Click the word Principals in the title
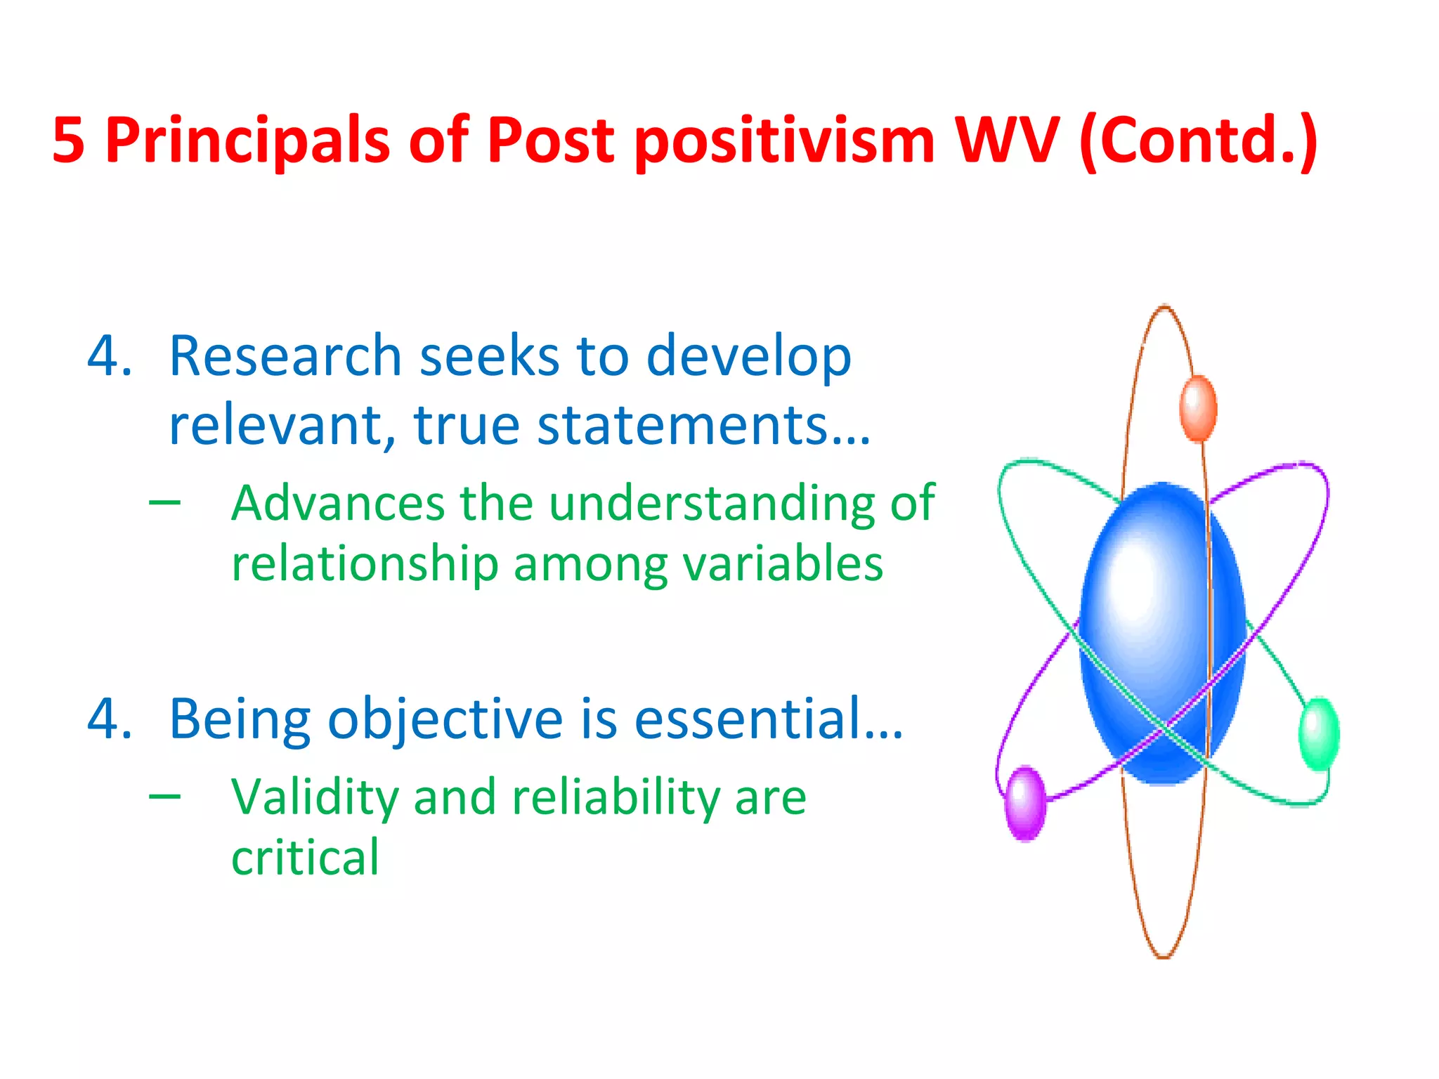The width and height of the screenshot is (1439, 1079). pyautogui.click(x=247, y=140)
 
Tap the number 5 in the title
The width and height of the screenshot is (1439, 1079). pyautogui.click(x=68, y=140)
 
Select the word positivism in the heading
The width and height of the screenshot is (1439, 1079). pyautogui.click(x=786, y=140)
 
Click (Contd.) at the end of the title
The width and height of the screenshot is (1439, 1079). pyautogui.click(x=1199, y=140)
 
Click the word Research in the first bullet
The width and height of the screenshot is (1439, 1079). pyautogui.click(x=285, y=356)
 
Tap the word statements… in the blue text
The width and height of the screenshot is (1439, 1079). pyautogui.click(x=703, y=425)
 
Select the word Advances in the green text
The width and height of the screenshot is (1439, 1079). pyautogui.click(x=338, y=503)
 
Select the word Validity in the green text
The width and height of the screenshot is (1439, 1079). pyautogui.click(x=314, y=798)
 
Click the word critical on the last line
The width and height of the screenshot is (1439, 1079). pyautogui.click(x=305, y=858)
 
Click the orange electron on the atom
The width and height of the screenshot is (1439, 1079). pyautogui.click(x=1198, y=408)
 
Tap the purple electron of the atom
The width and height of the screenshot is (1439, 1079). pyautogui.click(x=1025, y=803)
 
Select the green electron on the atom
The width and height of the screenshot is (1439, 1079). pyautogui.click(x=1319, y=733)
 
